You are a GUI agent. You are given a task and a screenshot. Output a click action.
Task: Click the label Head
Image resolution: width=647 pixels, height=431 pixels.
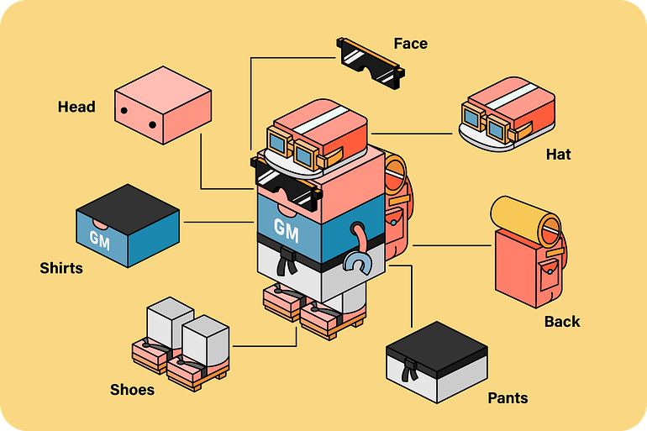[x=76, y=107]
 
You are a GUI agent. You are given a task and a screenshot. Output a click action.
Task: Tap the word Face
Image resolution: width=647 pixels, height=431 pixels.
[x=410, y=44]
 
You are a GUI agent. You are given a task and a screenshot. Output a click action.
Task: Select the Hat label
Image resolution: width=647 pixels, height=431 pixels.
[x=558, y=155]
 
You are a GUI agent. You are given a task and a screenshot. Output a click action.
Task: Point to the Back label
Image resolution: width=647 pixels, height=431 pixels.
[x=562, y=321]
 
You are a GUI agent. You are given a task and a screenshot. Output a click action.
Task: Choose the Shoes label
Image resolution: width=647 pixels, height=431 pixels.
[x=132, y=389]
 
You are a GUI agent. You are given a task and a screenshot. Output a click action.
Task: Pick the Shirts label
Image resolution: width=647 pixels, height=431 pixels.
[x=61, y=268]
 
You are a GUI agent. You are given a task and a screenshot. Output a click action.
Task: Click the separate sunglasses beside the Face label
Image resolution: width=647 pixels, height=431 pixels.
[x=369, y=62]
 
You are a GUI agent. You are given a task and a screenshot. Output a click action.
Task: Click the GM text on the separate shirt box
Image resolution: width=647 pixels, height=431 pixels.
[x=99, y=238]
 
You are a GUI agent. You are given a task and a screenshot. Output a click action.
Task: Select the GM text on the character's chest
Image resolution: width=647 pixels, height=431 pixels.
[x=286, y=227]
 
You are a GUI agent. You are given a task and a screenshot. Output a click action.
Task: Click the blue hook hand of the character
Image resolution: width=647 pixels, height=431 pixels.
[x=359, y=263]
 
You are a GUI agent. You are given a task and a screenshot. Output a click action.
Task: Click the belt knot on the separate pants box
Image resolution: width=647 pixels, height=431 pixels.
[x=409, y=370]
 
